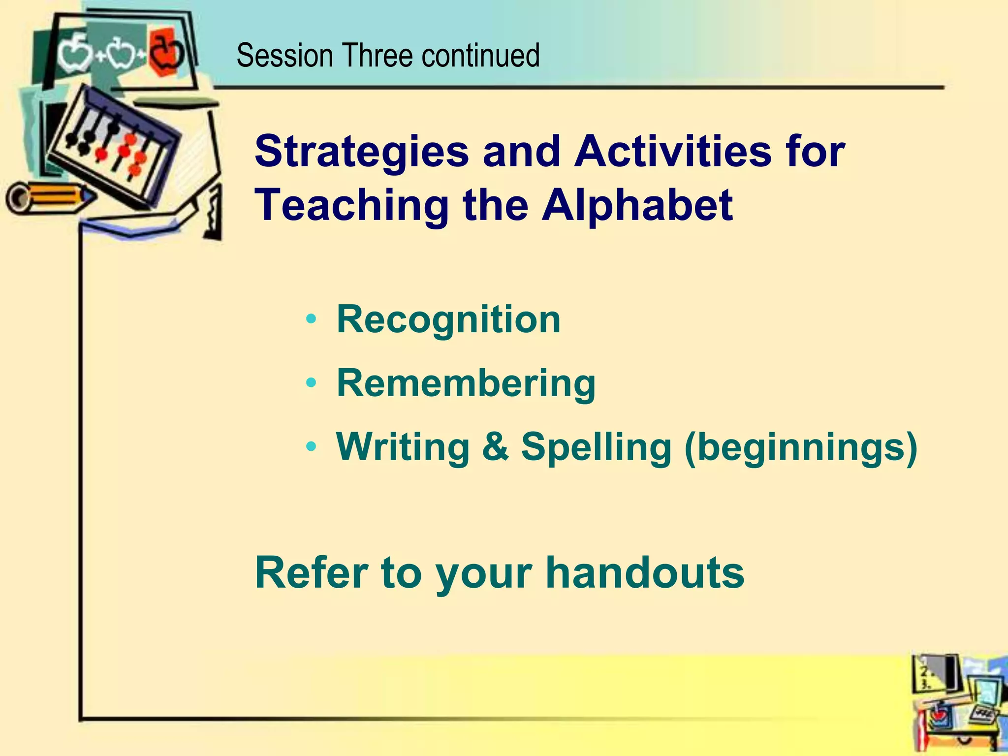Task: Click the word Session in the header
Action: [x=284, y=55]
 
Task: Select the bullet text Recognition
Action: [x=448, y=320]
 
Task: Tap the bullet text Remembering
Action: [x=466, y=383]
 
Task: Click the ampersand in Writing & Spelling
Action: [x=495, y=446]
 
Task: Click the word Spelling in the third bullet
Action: [x=596, y=448]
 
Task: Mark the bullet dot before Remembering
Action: [x=311, y=383]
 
